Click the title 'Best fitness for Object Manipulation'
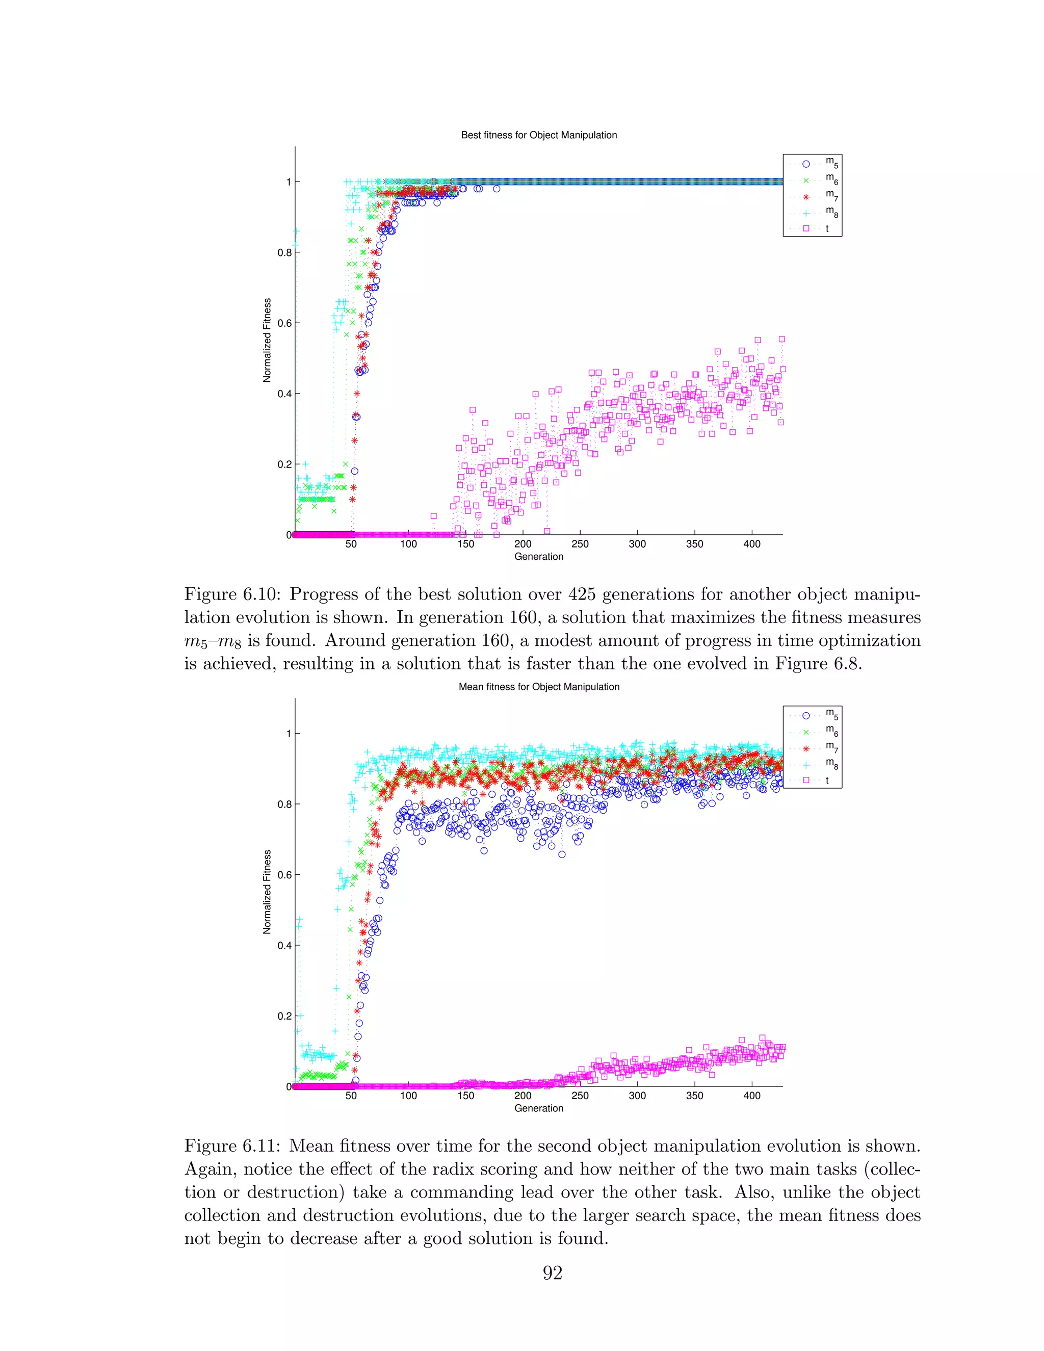click(x=539, y=135)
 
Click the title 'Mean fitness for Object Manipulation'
click(x=539, y=687)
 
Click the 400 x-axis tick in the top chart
click(x=751, y=544)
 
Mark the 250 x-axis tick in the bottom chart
click(x=580, y=1096)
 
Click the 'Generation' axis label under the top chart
click(x=539, y=557)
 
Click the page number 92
click(x=552, y=1273)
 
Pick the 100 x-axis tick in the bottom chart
click(x=408, y=1096)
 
